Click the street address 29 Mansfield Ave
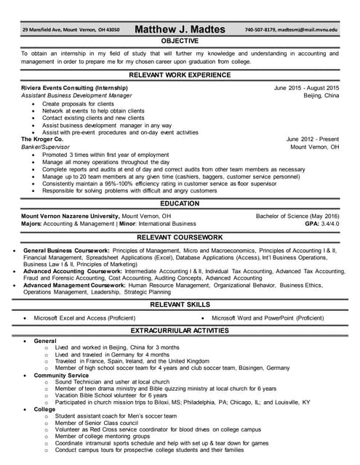[44, 30]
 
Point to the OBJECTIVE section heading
[180, 41]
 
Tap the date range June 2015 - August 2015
[306, 87]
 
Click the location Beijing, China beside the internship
[321, 95]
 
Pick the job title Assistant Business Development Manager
[76, 95]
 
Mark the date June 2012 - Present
[312, 138]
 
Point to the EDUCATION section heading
[180, 203]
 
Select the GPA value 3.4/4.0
[329, 224]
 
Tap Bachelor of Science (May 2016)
[297, 216]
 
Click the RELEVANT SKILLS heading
[180, 304]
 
